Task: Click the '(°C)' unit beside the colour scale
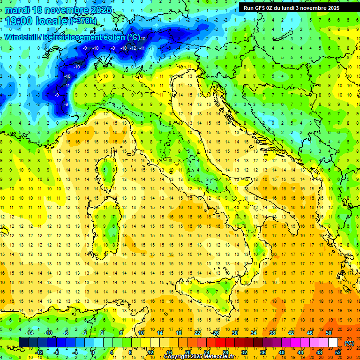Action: (x=349, y=343)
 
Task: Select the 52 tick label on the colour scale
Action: (x=337, y=352)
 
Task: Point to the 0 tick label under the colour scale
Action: (x=93, y=352)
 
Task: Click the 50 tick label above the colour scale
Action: (x=328, y=332)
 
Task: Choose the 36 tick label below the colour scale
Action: (x=262, y=352)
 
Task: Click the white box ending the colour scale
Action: (x=333, y=342)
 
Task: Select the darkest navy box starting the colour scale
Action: (x=23, y=342)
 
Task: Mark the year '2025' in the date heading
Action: (x=101, y=10)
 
